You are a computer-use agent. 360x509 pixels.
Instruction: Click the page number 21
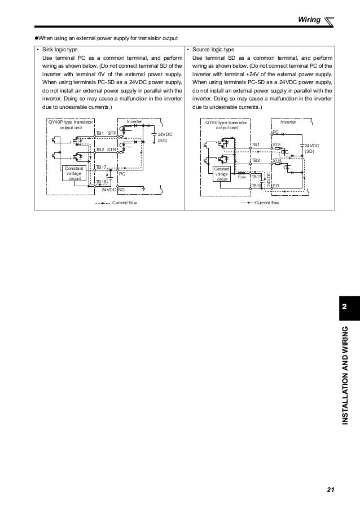[x=330, y=489]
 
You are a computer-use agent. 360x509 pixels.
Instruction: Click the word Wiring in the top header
[x=309, y=21]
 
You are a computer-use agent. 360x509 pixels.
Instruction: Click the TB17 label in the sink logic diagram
[x=101, y=168]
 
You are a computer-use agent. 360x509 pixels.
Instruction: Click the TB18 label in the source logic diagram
[x=257, y=185]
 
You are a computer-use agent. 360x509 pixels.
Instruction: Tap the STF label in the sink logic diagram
[x=112, y=134]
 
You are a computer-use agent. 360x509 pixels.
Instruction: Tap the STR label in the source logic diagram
[x=276, y=161]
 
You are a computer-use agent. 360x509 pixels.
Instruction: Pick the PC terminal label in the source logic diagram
[x=275, y=132]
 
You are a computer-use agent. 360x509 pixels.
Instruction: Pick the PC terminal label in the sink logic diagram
[x=121, y=174]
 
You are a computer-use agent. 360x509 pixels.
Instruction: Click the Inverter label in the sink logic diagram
[x=134, y=121]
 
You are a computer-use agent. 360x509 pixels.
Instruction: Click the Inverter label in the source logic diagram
[x=288, y=121]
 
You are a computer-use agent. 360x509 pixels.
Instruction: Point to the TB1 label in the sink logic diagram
[x=100, y=134]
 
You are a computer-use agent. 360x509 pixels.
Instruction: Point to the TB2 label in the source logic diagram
[x=255, y=161]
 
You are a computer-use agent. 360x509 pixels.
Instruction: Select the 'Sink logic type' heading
[x=61, y=50]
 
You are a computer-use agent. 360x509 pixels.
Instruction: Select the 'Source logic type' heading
[x=218, y=50]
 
